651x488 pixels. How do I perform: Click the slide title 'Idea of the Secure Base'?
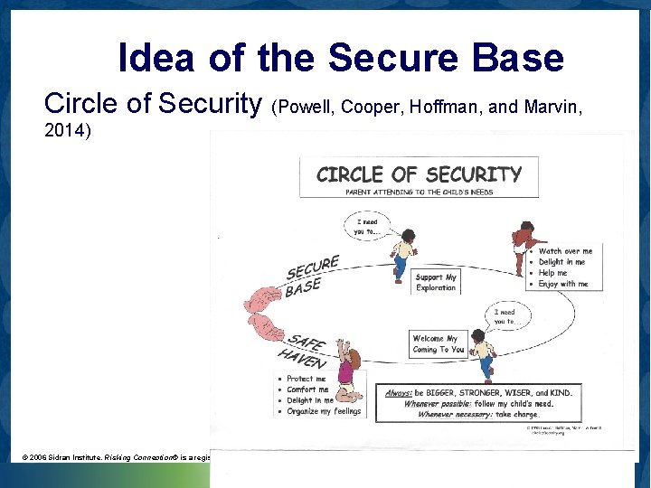pos(341,58)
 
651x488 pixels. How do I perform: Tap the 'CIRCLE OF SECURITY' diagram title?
pos(419,174)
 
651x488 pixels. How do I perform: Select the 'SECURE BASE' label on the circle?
pos(311,277)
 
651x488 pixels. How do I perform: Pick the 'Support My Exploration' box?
pos(436,282)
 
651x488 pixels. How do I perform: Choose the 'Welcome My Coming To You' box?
pos(438,344)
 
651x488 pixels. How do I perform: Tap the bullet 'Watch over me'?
pos(565,251)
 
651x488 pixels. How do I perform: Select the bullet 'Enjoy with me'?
pos(563,284)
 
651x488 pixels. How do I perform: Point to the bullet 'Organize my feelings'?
pos(323,411)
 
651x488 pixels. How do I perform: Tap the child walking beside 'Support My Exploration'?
pos(403,252)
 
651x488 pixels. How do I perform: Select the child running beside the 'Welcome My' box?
pos(484,355)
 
